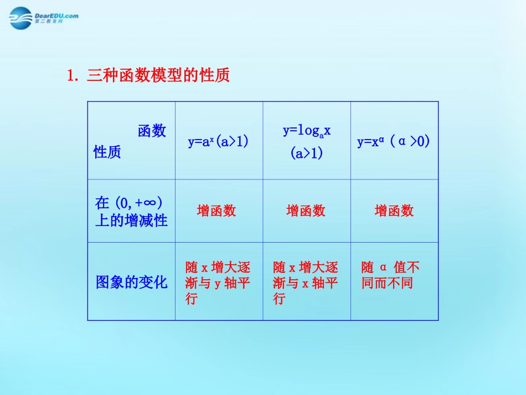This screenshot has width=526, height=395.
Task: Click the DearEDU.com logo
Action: click(x=44, y=17)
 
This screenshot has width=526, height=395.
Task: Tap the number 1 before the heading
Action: click(x=71, y=75)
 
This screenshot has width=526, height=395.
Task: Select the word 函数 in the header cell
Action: click(x=152, y=131)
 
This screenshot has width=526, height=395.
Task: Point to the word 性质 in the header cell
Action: click(x=107, y=152)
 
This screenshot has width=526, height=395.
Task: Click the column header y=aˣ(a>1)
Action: click(x=218, y=141)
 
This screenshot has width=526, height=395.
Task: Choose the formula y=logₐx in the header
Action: click(x=307, y=131)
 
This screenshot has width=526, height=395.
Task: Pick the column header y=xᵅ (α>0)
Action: click(x=394, y=141)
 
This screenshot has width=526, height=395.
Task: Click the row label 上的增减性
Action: click(x=132, y=220)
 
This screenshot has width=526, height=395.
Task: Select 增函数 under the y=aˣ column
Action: click(x=216, y=211)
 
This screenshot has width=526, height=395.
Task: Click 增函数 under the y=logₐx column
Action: click(x=306, y=211)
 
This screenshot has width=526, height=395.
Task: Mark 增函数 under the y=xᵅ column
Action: click(x=394, y=211)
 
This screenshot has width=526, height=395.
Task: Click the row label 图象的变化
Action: click(x=132, y=282)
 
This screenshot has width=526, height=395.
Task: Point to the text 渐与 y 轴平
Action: click(x=218, y=284)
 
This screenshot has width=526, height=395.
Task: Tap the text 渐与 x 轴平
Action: click(x=306, y=284)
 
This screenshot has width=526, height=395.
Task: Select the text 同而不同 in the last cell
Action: click(x=388, y=284)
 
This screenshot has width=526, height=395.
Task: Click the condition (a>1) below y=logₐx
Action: click(x=307, y=153)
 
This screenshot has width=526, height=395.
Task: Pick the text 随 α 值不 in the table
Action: click(x=391, y=268)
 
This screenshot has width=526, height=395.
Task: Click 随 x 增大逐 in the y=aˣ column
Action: click(x=218, y=268)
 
